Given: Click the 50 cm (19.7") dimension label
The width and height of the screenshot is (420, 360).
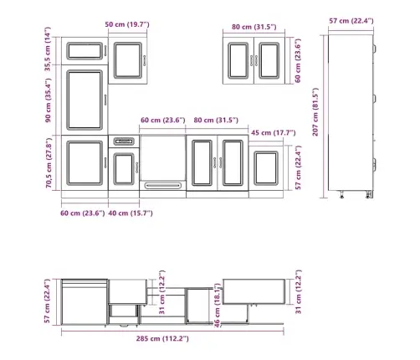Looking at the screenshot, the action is pos(127,24).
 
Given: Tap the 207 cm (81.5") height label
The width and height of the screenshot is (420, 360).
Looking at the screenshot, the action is pos(315,112).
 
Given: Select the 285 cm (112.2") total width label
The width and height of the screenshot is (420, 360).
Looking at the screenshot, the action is pos(162,338).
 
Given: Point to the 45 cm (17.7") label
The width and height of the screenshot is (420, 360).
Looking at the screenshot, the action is pos(274,132).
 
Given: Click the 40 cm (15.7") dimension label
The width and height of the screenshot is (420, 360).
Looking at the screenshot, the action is pos(131,213).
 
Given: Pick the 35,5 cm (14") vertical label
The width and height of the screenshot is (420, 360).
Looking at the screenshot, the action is pos(48,49).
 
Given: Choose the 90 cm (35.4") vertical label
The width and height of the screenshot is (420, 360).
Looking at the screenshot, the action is pos(48,100).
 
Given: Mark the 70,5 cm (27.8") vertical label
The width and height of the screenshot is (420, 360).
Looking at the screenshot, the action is pos(49,162).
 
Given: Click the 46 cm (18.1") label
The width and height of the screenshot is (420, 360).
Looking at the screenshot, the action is pos(217,306).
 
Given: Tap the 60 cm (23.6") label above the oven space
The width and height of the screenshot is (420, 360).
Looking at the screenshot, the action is pos(163,121).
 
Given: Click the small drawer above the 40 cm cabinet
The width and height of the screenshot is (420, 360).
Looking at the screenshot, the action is pos(124,141).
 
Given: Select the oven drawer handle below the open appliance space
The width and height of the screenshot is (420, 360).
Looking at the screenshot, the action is pos(163,185).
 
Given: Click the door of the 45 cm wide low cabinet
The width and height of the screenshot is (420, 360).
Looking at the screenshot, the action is pos(266,168).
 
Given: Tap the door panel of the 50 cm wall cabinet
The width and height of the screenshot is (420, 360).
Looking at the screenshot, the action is pos(128,60).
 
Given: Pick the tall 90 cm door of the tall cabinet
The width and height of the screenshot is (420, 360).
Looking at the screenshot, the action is pos(85,100).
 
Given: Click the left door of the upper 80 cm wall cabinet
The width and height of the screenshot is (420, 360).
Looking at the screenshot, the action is pos(238,60).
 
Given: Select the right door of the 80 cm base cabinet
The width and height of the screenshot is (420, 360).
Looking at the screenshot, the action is pos(233,163).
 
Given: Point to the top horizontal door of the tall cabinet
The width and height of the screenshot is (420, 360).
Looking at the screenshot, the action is pos(85,51).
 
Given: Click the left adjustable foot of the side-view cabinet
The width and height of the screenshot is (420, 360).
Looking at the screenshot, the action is pos(341,194).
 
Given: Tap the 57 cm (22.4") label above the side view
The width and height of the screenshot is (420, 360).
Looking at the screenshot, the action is pos(351,21).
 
